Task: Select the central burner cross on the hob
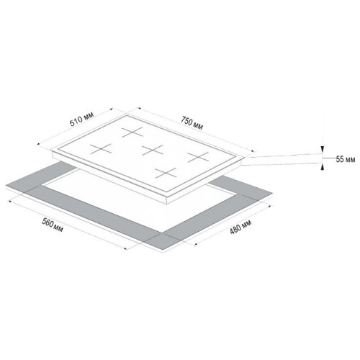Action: click(152, 150)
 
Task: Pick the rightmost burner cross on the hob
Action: click(198, 156)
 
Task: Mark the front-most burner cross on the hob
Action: click(166, 173)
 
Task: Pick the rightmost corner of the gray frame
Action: click(273, 193)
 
